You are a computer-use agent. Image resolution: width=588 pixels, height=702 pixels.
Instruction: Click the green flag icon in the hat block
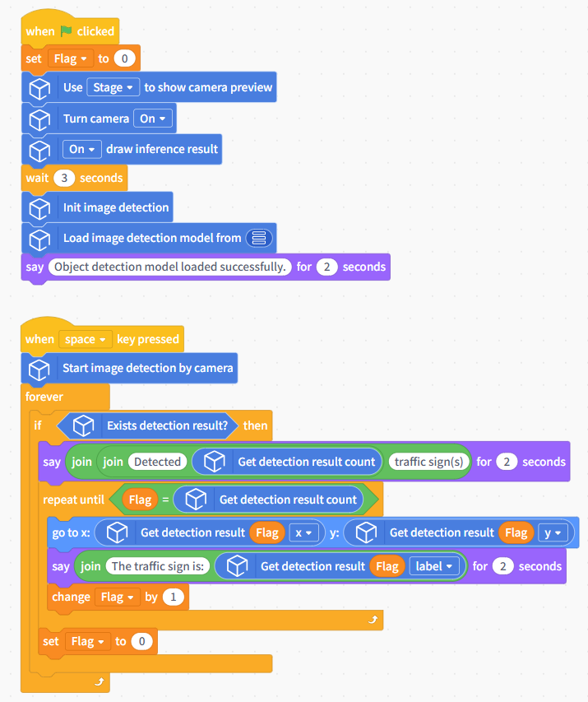point(67,31)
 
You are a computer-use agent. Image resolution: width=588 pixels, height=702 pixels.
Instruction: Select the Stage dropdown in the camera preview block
point(113,87)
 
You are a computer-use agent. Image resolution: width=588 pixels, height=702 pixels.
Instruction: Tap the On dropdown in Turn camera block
point(153,119)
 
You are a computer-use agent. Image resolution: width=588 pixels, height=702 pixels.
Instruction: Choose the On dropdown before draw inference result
point(82,149)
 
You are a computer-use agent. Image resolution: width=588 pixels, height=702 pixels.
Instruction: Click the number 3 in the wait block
point(64,178)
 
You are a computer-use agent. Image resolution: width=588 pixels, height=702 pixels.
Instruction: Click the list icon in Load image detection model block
point(259,238)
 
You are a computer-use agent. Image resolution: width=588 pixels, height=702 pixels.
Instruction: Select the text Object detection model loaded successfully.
point(169,267)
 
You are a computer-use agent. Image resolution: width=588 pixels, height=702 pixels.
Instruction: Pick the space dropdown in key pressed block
point(85,339)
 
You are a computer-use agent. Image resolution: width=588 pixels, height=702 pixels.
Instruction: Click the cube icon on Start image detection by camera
point(39,369)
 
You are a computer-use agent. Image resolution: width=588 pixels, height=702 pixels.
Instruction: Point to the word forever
point(44,397)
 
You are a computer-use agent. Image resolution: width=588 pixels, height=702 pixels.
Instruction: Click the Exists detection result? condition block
point(146,425)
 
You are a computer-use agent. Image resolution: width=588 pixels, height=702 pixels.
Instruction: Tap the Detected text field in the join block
point(158,462)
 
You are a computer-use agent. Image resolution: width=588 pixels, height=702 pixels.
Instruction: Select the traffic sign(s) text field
point(428,462)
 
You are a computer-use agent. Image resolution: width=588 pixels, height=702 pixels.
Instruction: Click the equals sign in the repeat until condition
point(165,500)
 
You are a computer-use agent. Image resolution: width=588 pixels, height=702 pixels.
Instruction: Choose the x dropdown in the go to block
point(303,532)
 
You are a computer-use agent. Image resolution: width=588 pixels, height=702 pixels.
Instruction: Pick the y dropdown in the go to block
point(553,532)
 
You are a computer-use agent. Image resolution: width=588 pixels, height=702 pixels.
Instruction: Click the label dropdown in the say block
point(433,566)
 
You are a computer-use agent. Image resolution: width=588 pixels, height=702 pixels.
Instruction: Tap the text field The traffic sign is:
point(158,566)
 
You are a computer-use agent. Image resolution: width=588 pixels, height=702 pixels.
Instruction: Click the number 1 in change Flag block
point(174,597)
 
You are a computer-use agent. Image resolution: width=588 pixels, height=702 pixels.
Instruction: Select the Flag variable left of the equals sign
point(140,500)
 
